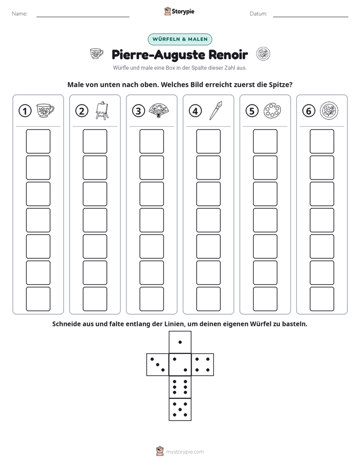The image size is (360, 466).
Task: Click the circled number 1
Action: point(25,111)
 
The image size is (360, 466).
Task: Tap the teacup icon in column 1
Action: point(45,110)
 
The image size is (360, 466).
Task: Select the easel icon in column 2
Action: point(102,110)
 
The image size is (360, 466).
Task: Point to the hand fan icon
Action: point(159,110)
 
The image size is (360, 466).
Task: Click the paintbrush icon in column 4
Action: point(216,110)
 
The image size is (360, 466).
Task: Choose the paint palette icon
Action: point(272,110)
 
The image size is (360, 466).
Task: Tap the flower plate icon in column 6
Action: point(329,110)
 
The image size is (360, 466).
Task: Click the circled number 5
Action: point(252,111)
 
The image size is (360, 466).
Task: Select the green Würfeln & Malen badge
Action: point(180,39)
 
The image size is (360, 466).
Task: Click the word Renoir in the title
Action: point(228,54)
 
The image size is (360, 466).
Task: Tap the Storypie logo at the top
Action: point(179,11)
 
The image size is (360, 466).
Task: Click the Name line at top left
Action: point(83,17)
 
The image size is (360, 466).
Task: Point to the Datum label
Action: point(259,14)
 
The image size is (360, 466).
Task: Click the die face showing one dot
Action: point(180,342)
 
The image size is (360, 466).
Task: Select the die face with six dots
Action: point(180,387)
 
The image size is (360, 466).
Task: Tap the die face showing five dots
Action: point(180,409)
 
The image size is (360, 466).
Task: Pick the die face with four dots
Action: point(203,365)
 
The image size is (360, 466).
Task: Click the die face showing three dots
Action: point(158,365)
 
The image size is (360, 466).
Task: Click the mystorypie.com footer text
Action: point(185,452)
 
